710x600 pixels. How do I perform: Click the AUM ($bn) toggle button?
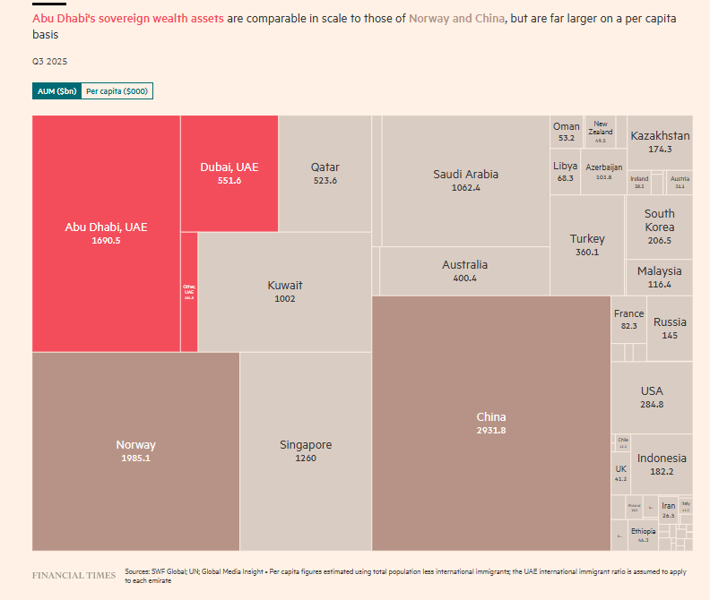coord(56,91)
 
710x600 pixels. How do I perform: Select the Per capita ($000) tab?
coord(117,91)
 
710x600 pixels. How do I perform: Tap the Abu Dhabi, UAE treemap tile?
coord(106,233)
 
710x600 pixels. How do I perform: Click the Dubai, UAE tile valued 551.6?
coord(229,173)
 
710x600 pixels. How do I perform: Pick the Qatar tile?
coord(325,173)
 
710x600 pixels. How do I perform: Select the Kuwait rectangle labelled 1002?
coord(284,291)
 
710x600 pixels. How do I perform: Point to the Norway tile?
coord(135,450)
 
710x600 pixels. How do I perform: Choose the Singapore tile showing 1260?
coord(306,450)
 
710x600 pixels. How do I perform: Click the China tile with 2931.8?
coord(490,423)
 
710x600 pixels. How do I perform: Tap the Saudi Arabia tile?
coord(465,180)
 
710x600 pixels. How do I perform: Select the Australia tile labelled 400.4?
coord(464,270)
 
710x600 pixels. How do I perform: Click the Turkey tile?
coord(587,244)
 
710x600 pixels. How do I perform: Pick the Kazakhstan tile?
coord(660,141)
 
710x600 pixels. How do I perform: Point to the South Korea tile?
coord(659,226)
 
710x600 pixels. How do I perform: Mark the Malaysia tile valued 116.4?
coord(659,277)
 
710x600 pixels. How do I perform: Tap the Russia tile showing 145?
coord(670,328)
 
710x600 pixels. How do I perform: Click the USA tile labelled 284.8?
coord(652,397)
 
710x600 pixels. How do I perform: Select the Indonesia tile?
coord(662,464)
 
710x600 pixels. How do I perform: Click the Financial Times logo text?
coord(74,575)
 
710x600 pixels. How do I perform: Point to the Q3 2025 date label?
coord(49,62)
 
